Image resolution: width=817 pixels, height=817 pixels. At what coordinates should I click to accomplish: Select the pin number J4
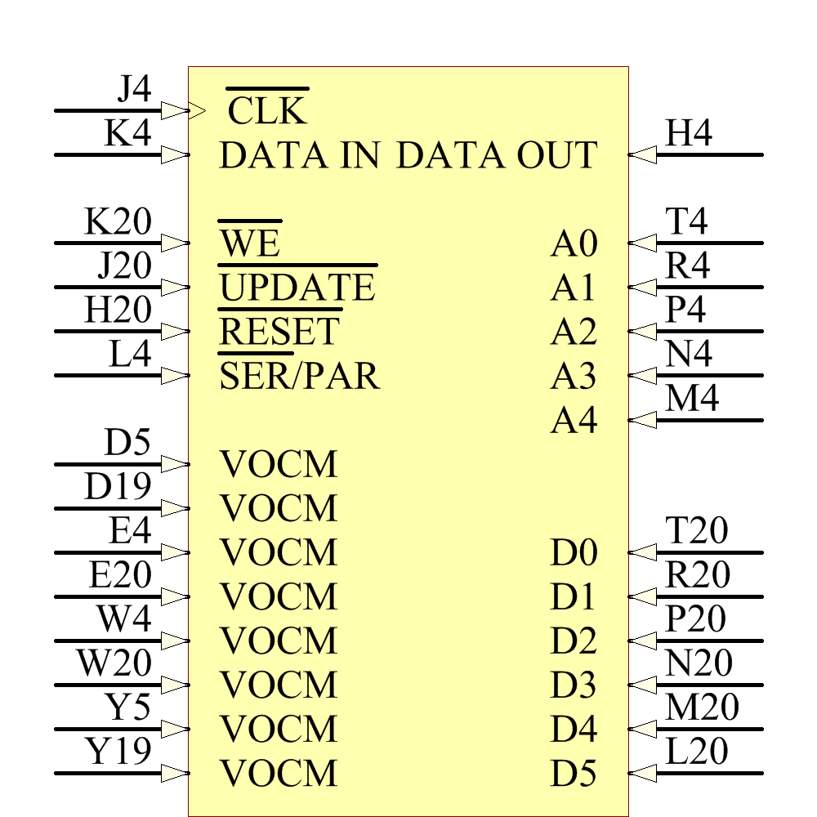(x=134, y=88)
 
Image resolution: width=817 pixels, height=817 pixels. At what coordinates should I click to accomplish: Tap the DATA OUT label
(x=497, y=155)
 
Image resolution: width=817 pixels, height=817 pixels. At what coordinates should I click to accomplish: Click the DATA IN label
(x=300, y=155)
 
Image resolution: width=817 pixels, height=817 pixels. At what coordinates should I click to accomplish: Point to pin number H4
(x=689, y=133)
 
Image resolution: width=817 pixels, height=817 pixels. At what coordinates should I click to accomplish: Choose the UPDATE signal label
(x=297, y=288)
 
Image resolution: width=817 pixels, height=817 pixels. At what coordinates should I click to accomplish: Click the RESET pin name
(x=279, y=332)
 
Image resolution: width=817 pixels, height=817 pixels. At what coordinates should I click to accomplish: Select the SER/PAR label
(x=300, y=376)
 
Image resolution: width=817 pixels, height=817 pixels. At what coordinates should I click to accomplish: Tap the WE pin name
(x=250, y=243)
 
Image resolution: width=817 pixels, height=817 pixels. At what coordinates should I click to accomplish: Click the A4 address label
(x=574, y=421)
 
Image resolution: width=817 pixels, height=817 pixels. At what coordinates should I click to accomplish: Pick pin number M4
(x=692, y=399)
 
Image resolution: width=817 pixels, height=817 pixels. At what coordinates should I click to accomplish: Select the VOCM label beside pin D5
(x=279, y=465)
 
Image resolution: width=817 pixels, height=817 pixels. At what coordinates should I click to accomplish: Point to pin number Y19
(x=119, y=752)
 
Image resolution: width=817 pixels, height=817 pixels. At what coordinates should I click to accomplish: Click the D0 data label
(x=574, y=553)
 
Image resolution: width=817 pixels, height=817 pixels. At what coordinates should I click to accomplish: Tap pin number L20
(x=696, y=752)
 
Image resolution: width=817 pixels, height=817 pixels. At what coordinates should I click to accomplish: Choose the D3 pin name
(x=574, y=685)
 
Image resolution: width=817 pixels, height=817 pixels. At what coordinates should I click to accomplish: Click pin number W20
(x=114, y=663)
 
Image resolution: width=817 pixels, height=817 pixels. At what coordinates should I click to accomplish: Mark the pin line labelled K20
(x=106, y=243)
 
